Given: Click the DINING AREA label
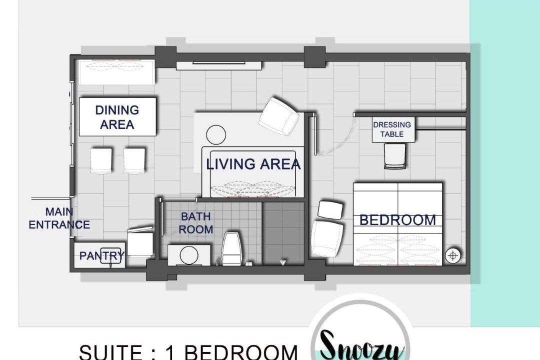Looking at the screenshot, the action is coord(117,117).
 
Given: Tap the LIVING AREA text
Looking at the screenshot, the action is coord(253,164).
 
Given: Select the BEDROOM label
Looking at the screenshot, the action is coord(398,220).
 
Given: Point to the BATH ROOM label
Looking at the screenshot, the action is coord(196,223).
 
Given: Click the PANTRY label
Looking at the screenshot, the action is coord(101,255).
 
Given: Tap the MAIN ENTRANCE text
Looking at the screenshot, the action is coord(59,218).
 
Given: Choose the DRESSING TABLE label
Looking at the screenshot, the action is coord(392,129).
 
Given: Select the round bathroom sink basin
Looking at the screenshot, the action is coord(189,255).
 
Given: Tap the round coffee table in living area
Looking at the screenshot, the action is coord(216,134).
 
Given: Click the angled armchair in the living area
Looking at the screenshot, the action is coord(278,116).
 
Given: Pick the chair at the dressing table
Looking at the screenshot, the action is coord(394,156).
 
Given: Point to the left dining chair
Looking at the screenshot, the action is coord(101,160).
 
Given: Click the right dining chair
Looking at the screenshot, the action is coord(134,160).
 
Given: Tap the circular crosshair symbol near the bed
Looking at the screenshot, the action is coord(453,255).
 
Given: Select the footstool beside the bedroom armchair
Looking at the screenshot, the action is coord(330,209).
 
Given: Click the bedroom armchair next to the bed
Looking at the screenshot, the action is coord(327,239).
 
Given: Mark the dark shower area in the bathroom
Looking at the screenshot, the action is coord(283,233).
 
